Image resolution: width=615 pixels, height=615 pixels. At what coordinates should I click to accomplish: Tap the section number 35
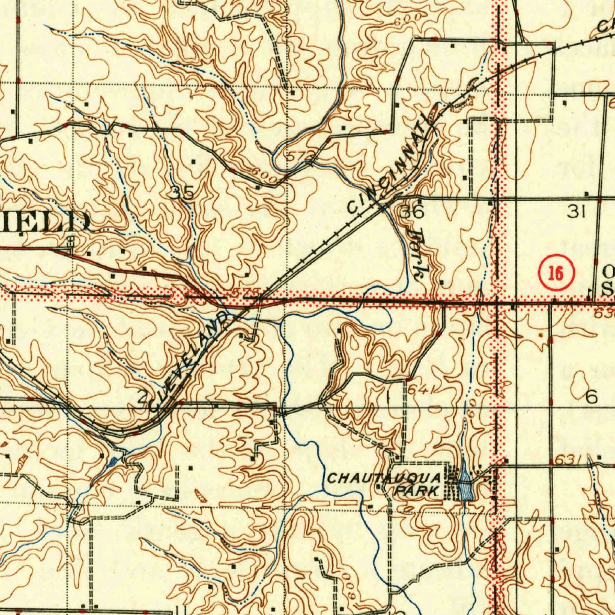pos(181,193)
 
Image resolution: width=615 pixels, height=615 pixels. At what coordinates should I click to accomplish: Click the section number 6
pos(592,396)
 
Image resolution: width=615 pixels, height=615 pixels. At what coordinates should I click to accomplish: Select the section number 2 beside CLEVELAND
pos(142,397)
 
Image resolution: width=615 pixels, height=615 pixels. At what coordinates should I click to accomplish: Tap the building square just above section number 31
pos(587,193)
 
